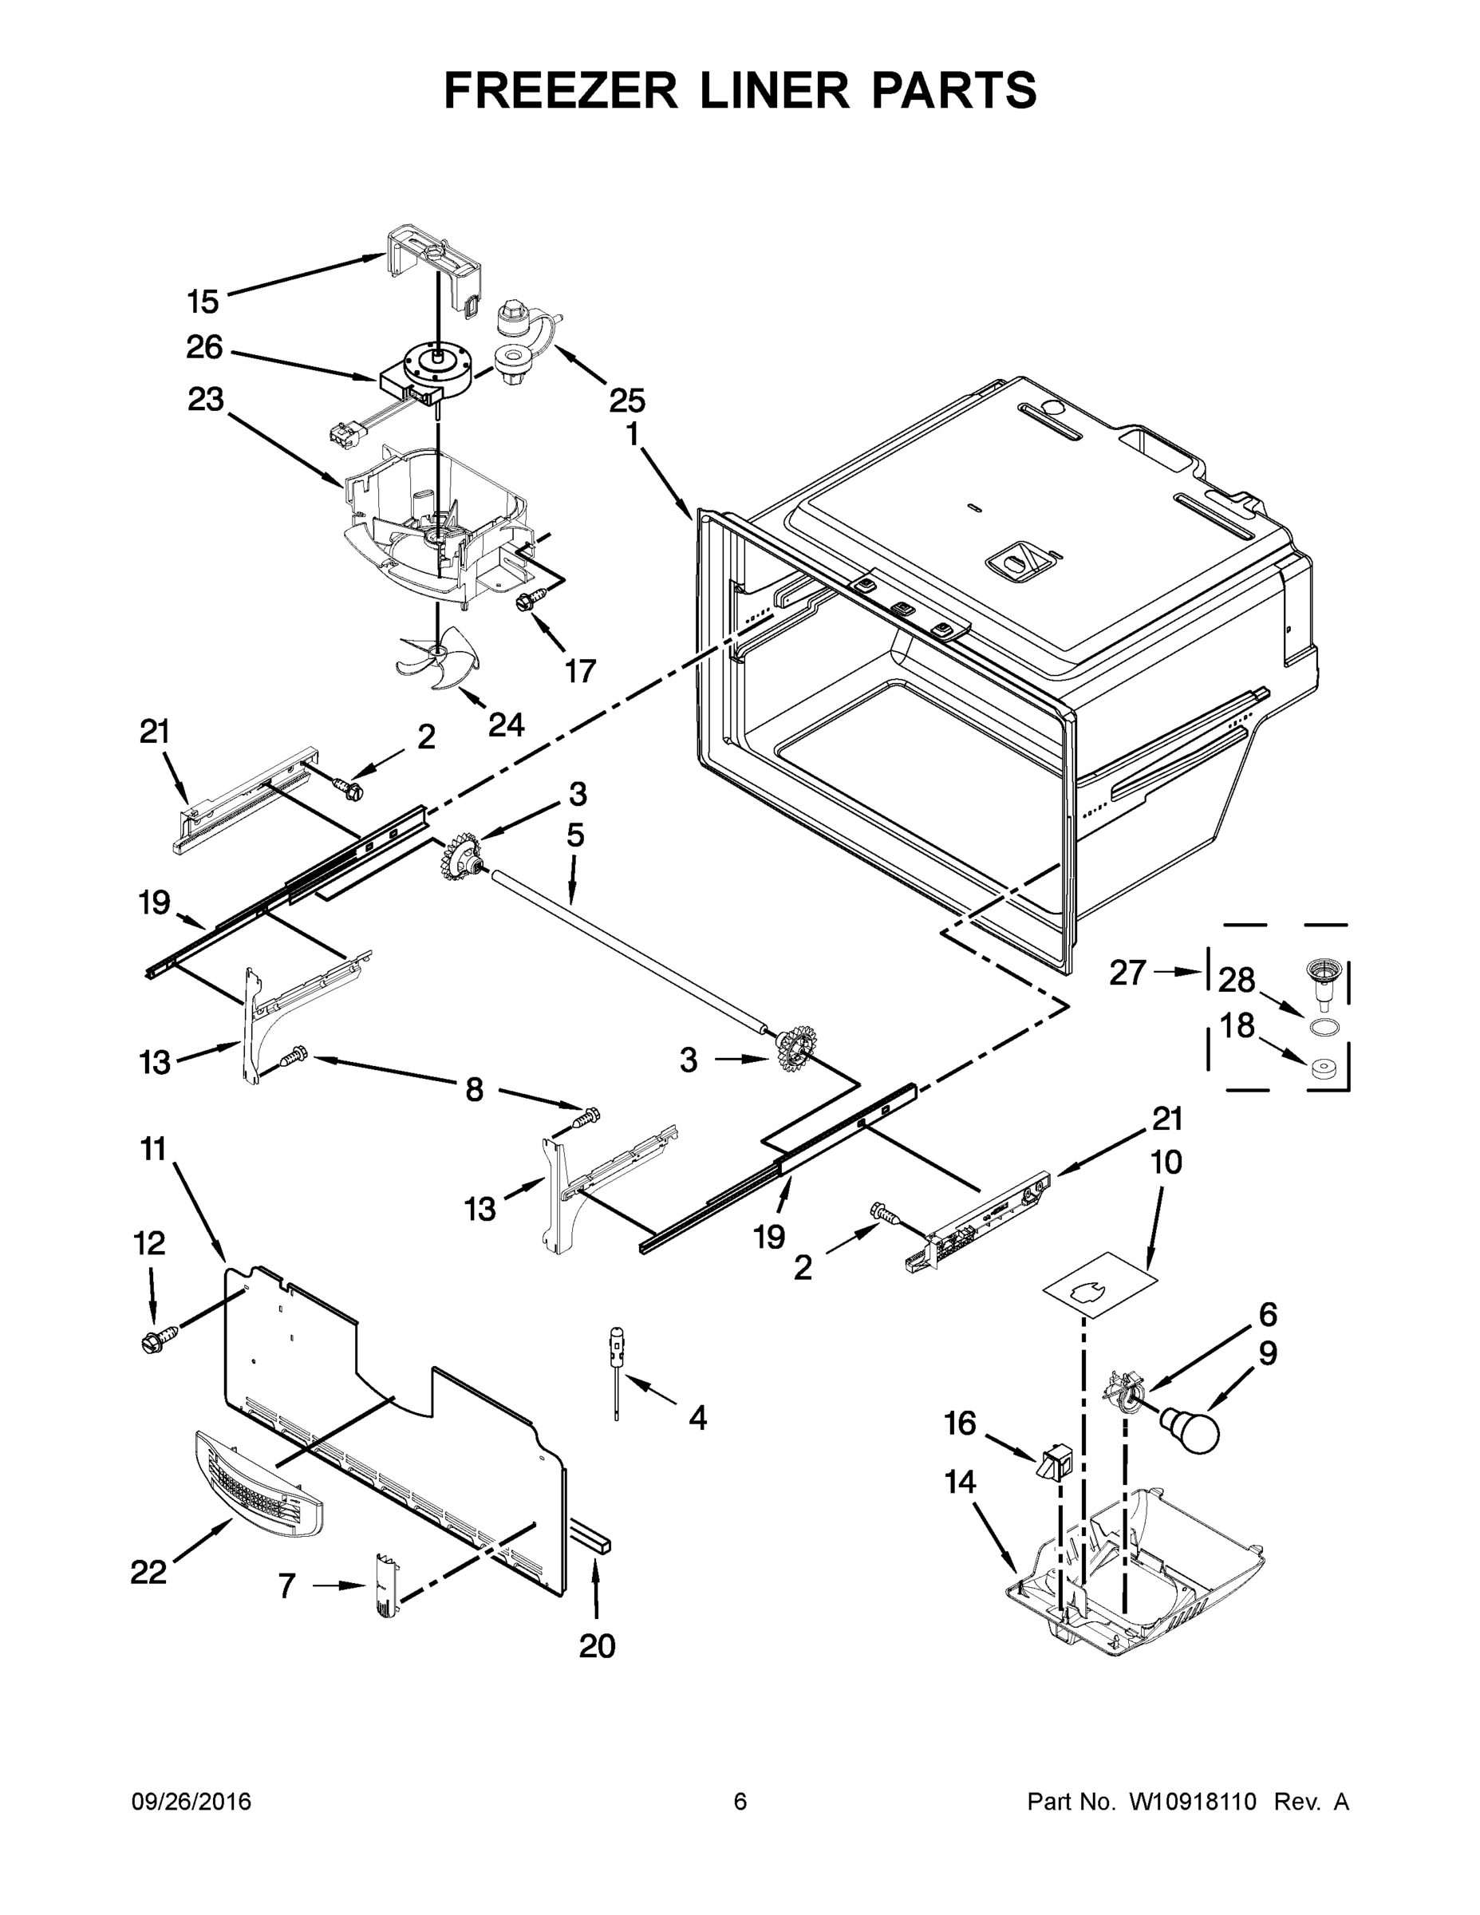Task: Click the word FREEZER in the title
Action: (x=560, y=90)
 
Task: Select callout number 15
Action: (x=203, y=302)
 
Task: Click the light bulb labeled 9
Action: (x=1191, y=1427)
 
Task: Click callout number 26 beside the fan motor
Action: (x=204, y=348)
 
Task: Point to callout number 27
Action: (x=1127, y=973)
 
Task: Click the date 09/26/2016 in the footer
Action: (x=191, y=1802)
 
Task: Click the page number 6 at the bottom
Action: (x=740, y=1802)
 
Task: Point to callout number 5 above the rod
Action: (x=574, y=835)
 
